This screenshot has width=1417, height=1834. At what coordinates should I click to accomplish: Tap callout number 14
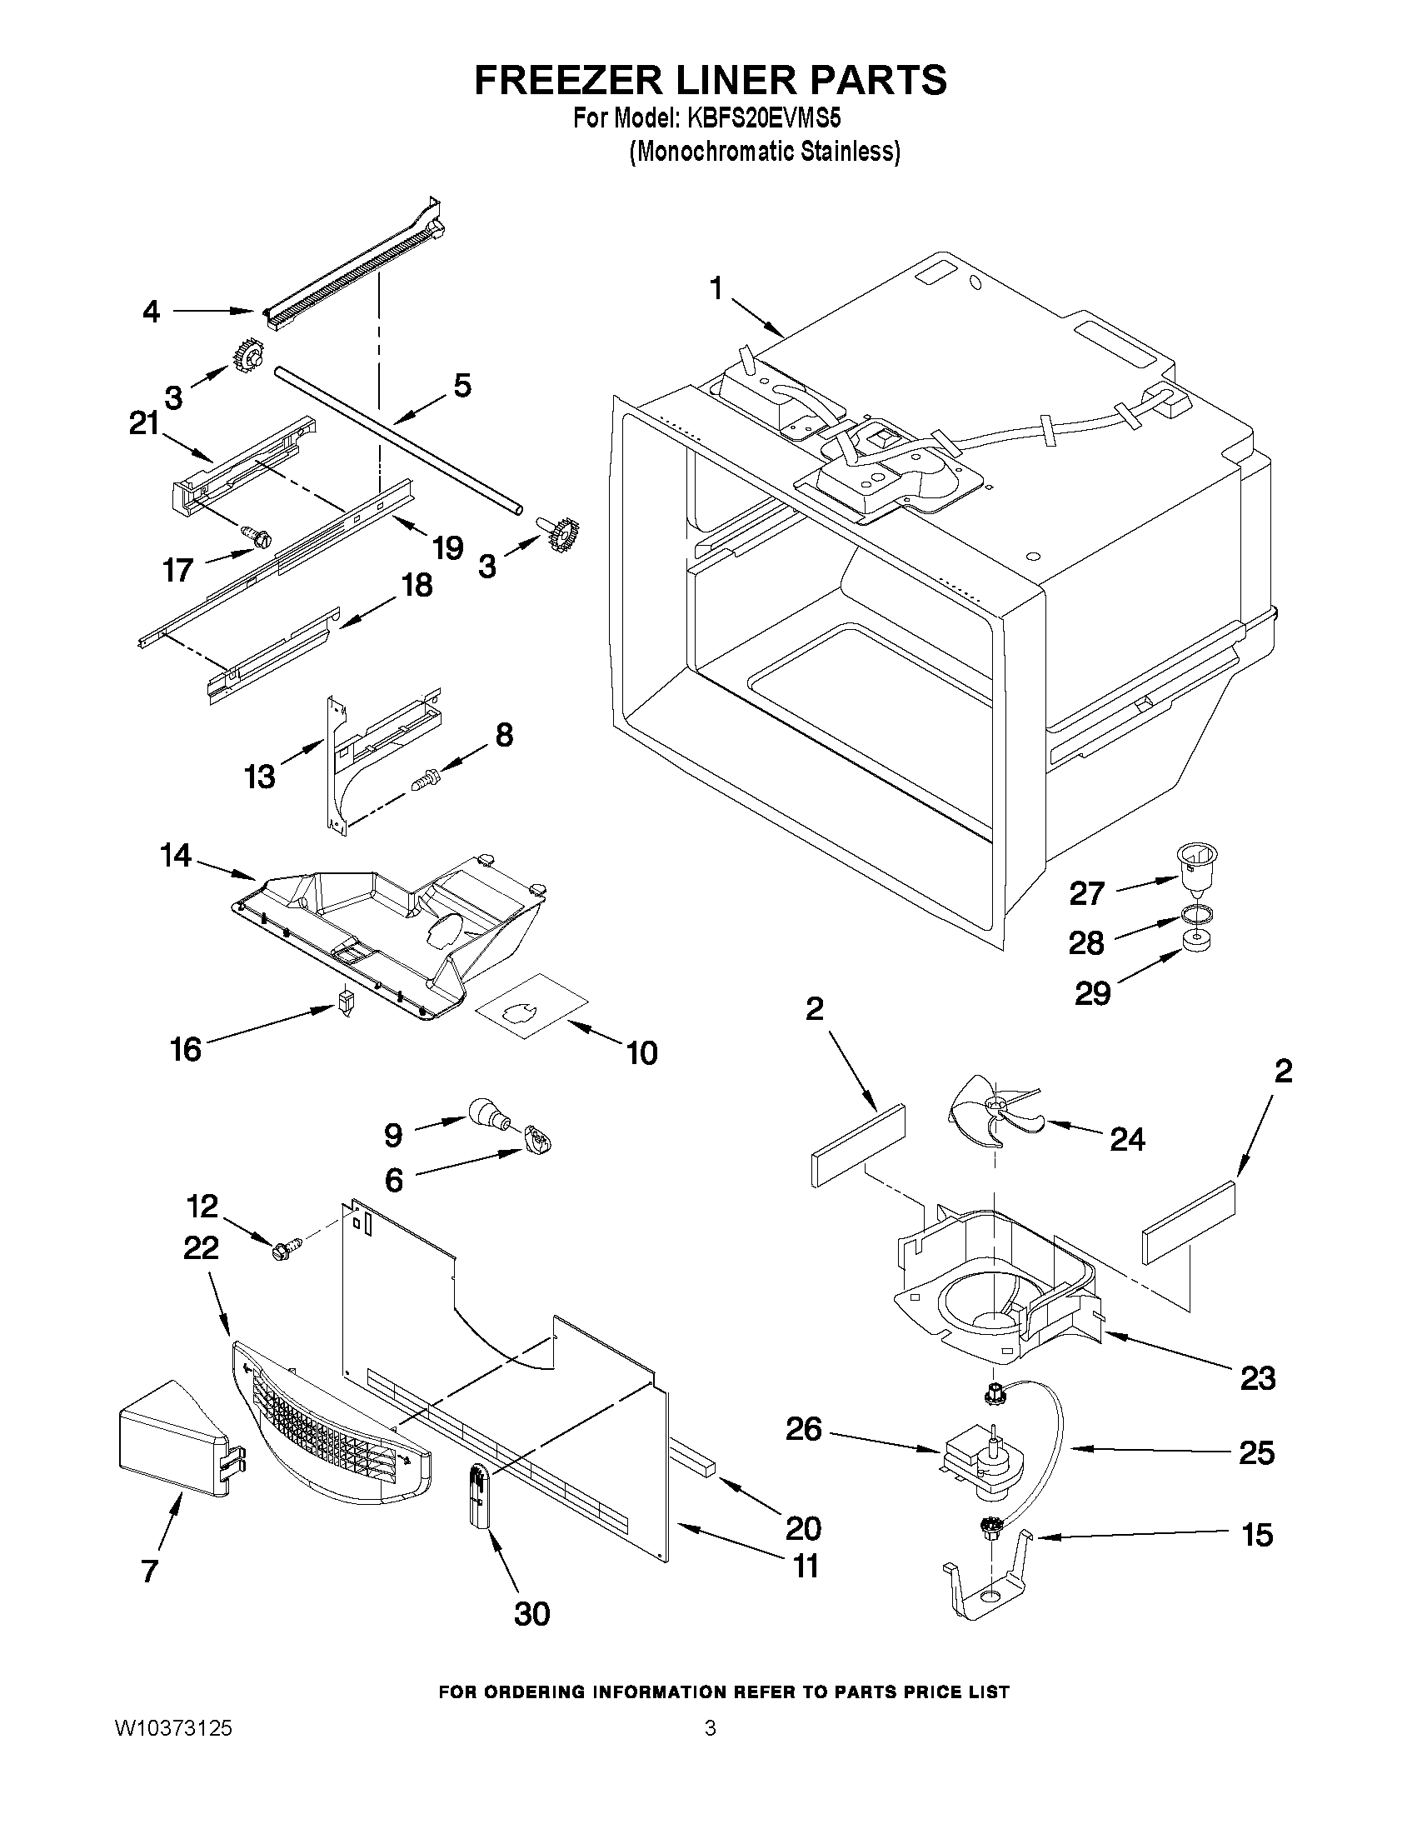pos(176,856)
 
